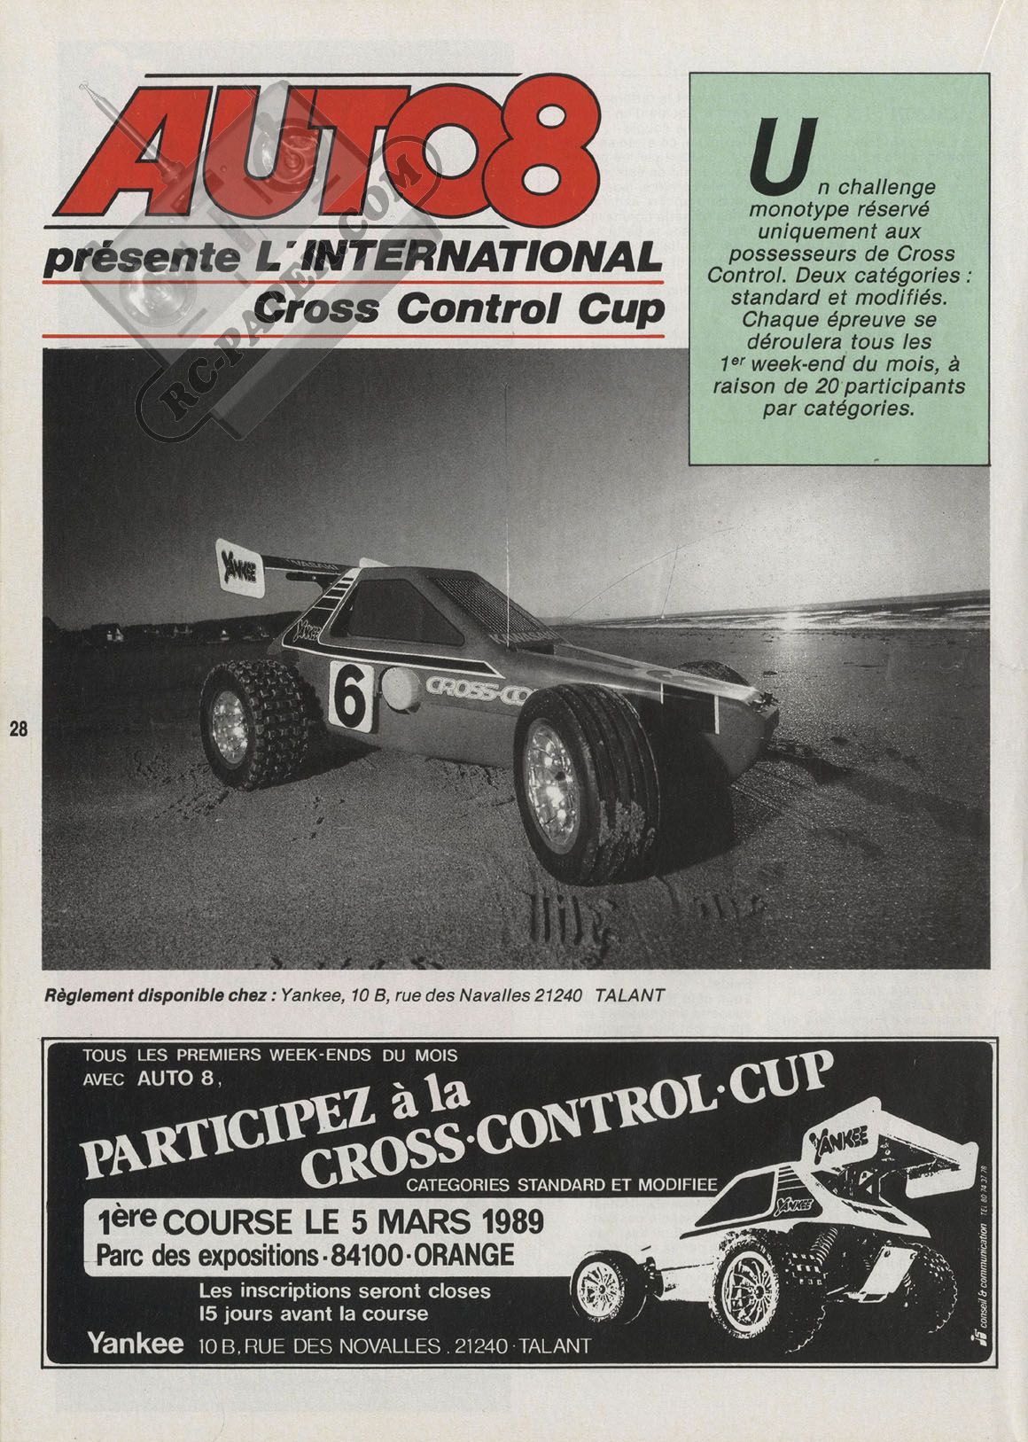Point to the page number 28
pos(18,730)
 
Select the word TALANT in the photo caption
pos(629,994)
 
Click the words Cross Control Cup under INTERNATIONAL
pos(457,308)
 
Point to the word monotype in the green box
pos(791,210)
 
